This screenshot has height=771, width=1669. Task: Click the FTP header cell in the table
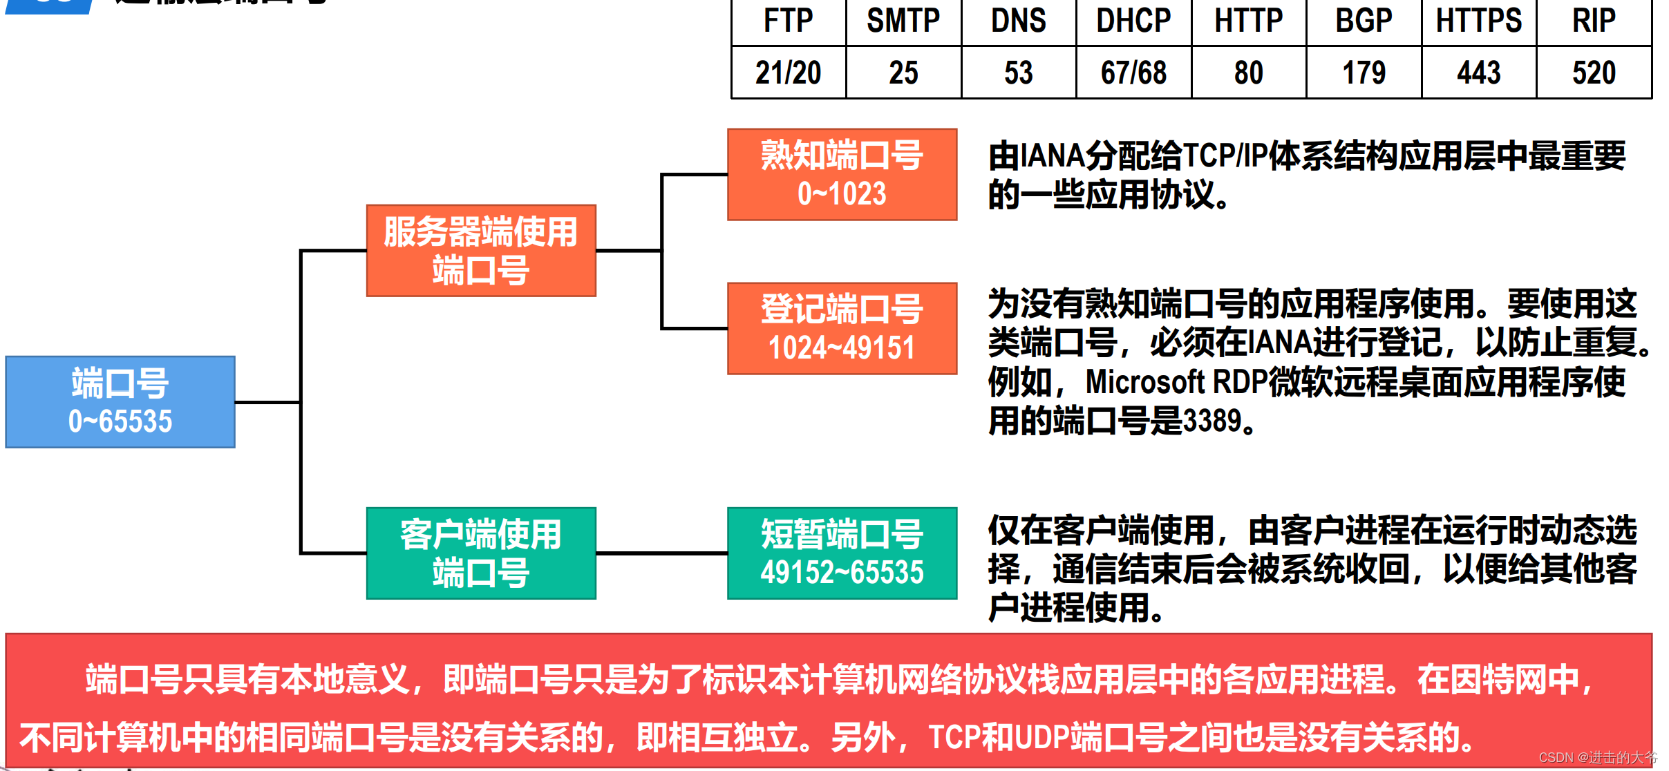point(788,21)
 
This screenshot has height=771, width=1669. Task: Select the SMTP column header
point(903,21)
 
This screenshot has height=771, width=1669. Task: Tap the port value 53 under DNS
point(1018,73)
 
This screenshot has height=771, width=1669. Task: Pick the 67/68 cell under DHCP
point(1133,73)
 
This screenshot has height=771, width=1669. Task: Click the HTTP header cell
point(1248,21)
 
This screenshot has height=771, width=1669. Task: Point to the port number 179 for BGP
point(1364,73)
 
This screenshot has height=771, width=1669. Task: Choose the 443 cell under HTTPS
point(1478,73)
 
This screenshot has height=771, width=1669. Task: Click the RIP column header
point(1594,21)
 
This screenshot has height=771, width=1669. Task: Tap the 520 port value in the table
point(1594,73)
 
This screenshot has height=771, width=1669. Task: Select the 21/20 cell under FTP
point(788,73)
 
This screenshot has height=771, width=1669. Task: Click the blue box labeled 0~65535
point(120,402)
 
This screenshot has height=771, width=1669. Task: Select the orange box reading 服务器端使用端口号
point(481,251)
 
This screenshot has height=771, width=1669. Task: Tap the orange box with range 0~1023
point(842,175)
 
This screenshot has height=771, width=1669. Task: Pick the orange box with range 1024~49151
point(842,329)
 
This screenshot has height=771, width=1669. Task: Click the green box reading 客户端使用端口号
point(481,553)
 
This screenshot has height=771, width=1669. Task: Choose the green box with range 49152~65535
point(842,553)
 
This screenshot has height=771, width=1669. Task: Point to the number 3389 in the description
point(1212,421)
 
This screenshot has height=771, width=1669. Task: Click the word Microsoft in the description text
point(1144,382)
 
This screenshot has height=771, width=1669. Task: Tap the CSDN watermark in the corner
point(1597,758)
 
